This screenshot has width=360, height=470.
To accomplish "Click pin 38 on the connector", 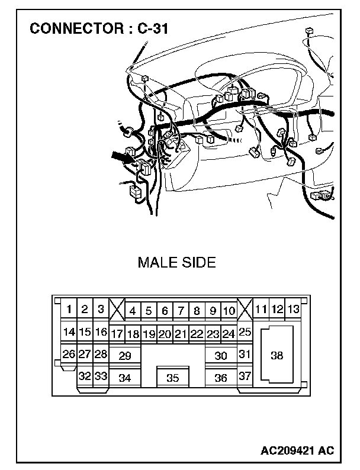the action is pos(277,355).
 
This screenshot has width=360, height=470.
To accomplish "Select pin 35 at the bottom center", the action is pos(172,377).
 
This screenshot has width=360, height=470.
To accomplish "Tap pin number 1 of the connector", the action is pos(70,309).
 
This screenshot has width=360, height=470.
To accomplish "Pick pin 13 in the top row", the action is pos(293,309).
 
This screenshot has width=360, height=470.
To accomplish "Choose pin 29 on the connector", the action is pos(124,356).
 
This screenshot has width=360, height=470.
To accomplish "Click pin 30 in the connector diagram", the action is pos(221,356).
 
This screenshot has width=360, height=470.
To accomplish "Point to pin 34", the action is pos(124,377).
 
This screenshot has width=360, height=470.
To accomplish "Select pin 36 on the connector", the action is pos(221,377).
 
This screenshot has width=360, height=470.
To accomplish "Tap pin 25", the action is pos(245,333).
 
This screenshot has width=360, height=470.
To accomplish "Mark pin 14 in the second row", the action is pos(69,332).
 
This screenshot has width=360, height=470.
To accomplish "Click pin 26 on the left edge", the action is pos(69,355).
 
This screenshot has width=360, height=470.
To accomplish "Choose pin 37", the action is pos(245,376).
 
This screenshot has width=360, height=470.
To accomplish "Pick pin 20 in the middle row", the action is pos(165,334).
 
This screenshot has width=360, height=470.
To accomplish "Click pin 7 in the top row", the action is pos(181,310).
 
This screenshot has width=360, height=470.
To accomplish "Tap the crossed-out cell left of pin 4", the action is pos(117,310).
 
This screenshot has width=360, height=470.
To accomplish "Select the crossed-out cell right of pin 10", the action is pos(245,310).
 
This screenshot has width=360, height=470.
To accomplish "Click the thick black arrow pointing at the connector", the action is pos(122,158).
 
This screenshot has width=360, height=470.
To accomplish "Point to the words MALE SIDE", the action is pos(176,262).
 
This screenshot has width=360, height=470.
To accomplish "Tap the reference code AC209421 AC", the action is pos(297,450).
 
